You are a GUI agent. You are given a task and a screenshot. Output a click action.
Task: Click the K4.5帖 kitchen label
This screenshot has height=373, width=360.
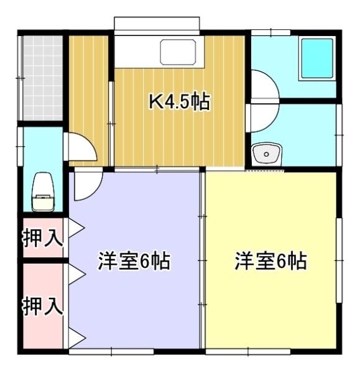178,101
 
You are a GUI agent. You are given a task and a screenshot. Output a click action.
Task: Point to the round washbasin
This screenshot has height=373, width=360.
267,153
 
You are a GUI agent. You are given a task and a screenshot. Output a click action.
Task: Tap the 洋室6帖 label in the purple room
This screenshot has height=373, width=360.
134,262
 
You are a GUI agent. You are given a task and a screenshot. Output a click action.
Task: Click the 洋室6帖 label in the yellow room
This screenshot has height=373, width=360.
270,262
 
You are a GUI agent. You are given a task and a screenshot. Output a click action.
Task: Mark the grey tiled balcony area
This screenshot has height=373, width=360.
42,78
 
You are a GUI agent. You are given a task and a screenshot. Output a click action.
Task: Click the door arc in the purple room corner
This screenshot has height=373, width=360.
85,186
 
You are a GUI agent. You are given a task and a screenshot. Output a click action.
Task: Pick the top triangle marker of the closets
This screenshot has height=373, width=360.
76,228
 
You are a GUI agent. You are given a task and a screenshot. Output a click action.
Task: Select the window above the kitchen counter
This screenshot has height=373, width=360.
157,24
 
